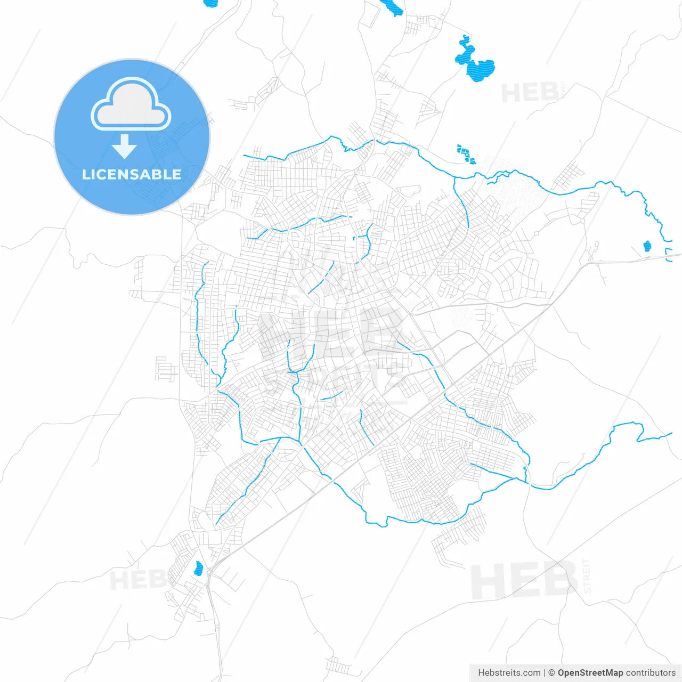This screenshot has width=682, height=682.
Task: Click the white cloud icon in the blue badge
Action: pos(131,104)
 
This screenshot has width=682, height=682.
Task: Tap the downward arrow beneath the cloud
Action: pos(125,147)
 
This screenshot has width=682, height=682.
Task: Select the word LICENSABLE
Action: pos(132,175)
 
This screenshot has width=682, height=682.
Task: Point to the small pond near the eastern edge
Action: pos(647,246)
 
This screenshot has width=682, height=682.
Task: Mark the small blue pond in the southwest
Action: pos(199,569)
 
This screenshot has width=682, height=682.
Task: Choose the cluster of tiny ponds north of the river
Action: pos(466,154)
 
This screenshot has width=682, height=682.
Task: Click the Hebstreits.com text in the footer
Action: pos(509,673)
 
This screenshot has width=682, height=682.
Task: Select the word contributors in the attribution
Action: pos(651,673)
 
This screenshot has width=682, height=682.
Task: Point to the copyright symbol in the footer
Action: pos(552,673)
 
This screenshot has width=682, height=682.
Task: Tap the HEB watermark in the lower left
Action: pos(137,580)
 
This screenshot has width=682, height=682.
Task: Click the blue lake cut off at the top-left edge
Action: pos(211,3)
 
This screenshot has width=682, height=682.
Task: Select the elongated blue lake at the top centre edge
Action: pos(392,7)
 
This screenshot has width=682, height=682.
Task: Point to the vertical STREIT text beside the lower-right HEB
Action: pos(587,575)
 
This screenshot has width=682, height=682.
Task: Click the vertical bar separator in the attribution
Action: pos(545,673)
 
